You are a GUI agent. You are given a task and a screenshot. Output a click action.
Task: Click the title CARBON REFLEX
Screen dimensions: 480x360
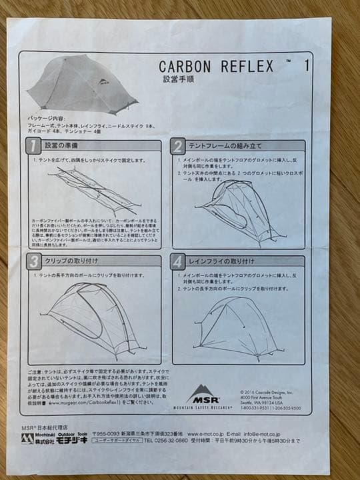[x=217, y=66]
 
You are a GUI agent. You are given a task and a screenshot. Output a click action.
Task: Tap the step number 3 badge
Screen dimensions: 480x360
[x=34, y=261]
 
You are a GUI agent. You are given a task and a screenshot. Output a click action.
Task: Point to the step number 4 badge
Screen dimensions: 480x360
[x=178, y=261]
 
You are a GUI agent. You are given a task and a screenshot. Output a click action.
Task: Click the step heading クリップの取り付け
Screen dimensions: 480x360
[x=74, y=261]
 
